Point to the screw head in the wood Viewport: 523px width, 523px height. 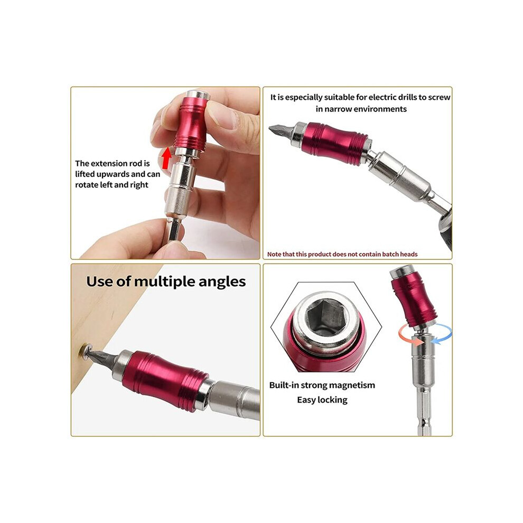tap(86, 351)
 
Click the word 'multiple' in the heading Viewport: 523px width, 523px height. tap(164, 282)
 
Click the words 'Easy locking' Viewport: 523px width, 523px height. tap(322, 400)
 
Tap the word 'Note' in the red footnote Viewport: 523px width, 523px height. tap(274, 254)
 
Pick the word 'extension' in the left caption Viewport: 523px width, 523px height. tap(109, 163)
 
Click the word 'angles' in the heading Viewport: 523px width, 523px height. tap(222, 283)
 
